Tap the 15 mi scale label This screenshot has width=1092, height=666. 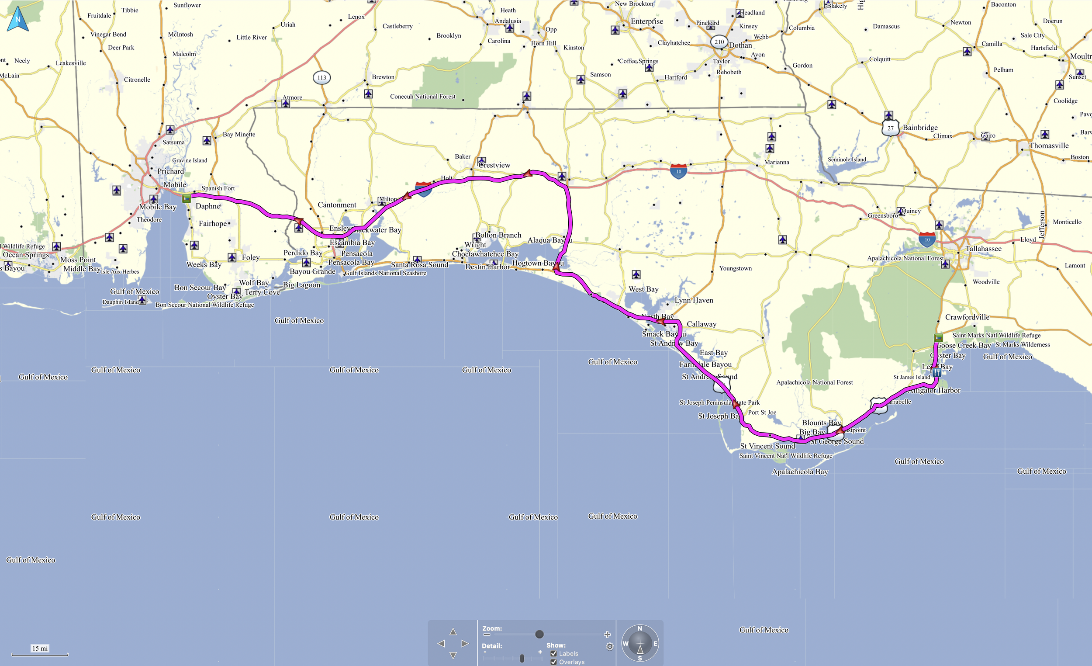(40, 648)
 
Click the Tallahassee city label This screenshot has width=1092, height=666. (983, 249)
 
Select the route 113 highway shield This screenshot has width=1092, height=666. (322, 78)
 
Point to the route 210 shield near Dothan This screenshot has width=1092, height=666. (719, 42)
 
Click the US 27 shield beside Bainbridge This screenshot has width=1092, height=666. (890, 128)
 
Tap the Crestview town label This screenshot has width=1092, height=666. (494, 165)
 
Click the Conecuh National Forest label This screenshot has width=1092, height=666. (422, 97)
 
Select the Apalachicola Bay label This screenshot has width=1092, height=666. (799, 472)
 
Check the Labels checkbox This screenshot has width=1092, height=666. (553, 654)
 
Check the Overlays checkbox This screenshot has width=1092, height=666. (553, 662)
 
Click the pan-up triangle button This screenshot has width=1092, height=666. (453, 631)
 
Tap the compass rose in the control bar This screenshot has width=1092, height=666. (639, 643)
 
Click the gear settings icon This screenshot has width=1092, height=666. (610, 646)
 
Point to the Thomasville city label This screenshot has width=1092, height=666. (1049, 146)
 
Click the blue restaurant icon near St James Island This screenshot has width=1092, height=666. (936, 372)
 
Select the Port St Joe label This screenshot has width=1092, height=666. (762, 413)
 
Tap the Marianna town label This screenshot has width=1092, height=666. (777, 162)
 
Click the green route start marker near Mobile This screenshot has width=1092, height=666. (187, 198)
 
